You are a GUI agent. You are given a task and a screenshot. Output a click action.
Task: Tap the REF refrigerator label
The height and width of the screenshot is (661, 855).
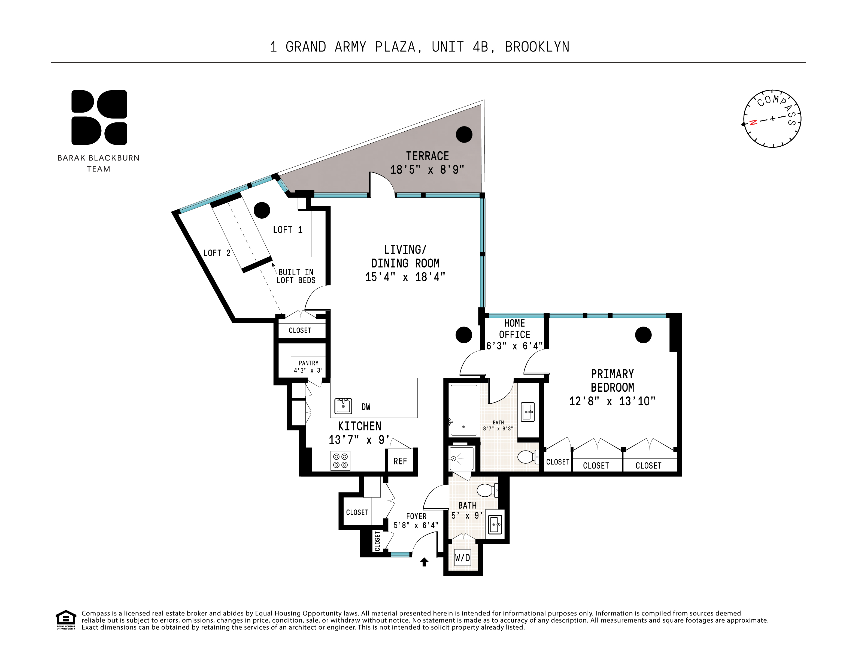(400, 461)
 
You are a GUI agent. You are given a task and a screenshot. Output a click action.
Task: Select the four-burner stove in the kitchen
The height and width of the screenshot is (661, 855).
(341, 460)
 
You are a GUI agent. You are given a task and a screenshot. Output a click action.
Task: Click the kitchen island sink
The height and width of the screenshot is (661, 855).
(343, 406)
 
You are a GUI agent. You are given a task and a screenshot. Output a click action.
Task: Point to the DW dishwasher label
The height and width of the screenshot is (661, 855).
(366, 407)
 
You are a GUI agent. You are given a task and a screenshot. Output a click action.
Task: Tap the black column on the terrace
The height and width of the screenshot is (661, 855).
(464, 134)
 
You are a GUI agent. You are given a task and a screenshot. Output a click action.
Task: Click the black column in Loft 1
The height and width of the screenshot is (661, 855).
(262, 210)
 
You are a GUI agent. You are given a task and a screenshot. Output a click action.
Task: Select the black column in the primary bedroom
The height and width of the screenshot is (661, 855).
(643, 335)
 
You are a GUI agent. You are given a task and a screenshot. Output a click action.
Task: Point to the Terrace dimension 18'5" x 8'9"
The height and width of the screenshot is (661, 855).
(427, 170)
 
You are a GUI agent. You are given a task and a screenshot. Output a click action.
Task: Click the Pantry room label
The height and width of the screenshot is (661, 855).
(308, 363)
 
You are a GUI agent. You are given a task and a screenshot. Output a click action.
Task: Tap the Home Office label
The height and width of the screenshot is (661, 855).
(514, 329)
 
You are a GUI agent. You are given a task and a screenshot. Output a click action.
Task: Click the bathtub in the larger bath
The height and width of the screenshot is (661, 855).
(464, 410)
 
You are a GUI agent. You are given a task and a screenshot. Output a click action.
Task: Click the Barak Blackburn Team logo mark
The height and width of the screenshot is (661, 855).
(99, 117)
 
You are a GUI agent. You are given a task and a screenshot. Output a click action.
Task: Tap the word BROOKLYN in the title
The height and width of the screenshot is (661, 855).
(537, 47)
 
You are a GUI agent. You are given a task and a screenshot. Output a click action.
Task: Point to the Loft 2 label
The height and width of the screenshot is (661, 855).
(217, 253)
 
